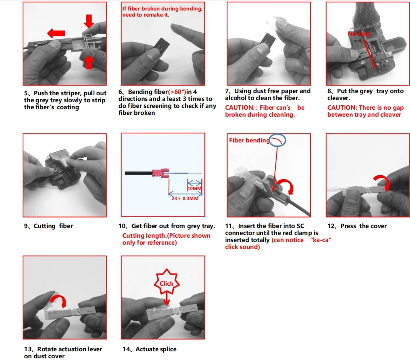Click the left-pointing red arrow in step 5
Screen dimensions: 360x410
coord(56,33)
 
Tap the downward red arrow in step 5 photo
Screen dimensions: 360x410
coord(89,21)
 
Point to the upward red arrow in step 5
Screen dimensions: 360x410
coord(89,62)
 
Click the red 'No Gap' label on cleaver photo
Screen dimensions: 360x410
coord(358,34)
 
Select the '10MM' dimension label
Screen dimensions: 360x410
coord(194,188)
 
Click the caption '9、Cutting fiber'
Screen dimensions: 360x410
coord(49,226)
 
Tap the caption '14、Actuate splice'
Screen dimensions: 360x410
coord(149,349)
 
